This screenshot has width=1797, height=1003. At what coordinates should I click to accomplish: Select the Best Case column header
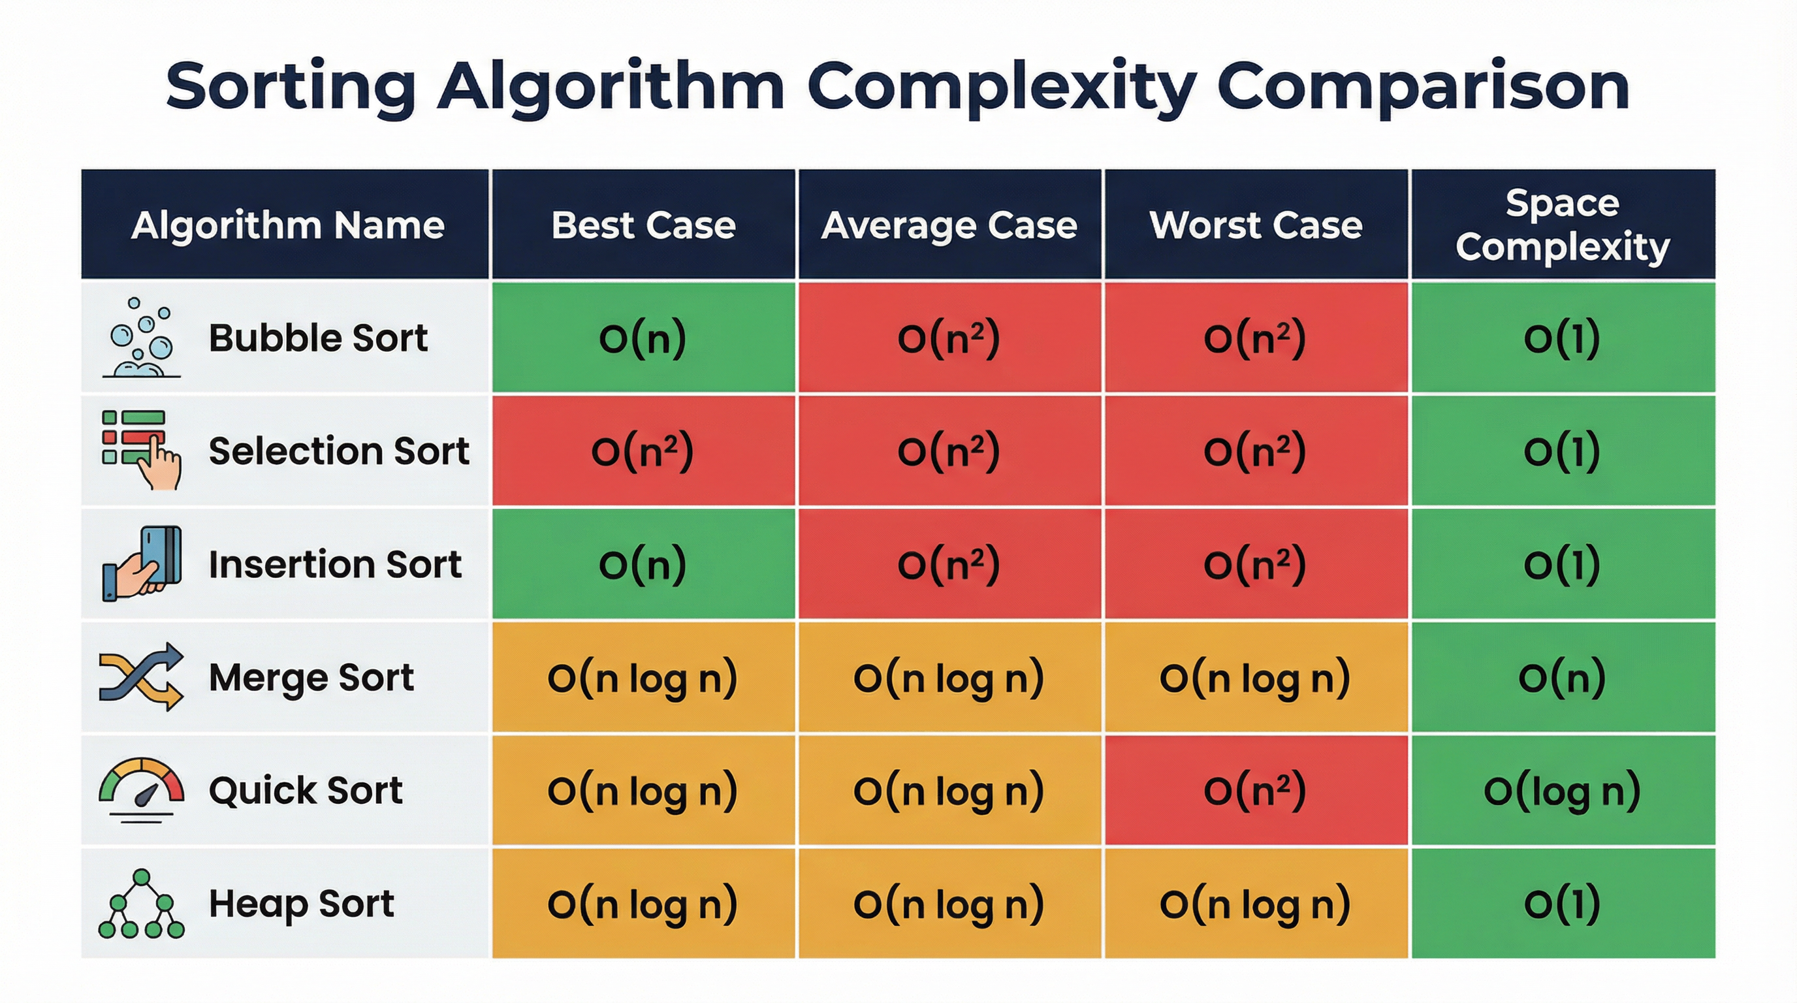[643, 225]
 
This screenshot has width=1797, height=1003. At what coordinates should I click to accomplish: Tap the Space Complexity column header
[1563, 225]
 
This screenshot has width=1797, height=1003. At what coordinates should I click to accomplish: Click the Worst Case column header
[1256, 225]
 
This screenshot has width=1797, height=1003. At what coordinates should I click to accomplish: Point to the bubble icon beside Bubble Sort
[142, 338]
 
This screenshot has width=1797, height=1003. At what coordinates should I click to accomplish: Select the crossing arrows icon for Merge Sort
[142, 677]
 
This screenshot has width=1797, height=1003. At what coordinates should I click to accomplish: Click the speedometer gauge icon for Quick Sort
[142, 790]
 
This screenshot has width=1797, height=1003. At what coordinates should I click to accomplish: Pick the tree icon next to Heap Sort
[142, 903]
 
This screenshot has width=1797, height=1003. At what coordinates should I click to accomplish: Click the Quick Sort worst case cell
[1256, 790]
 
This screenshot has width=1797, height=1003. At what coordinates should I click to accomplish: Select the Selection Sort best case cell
[643, 451]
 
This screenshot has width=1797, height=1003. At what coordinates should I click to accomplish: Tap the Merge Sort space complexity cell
[1563, 677]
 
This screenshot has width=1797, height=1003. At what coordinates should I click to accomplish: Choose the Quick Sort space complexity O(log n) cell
[1563, 790]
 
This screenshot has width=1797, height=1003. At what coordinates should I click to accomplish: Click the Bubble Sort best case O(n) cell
[643, 338]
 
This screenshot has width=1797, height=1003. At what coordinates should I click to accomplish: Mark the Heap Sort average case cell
[949, 904]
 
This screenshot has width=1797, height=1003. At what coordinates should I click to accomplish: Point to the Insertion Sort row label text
[335, 564]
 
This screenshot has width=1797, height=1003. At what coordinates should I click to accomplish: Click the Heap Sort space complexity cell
[1563, 904]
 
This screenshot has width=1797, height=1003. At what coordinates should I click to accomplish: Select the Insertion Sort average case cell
[949, 564]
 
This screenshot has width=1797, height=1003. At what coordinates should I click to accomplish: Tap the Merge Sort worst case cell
[1256, 677]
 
